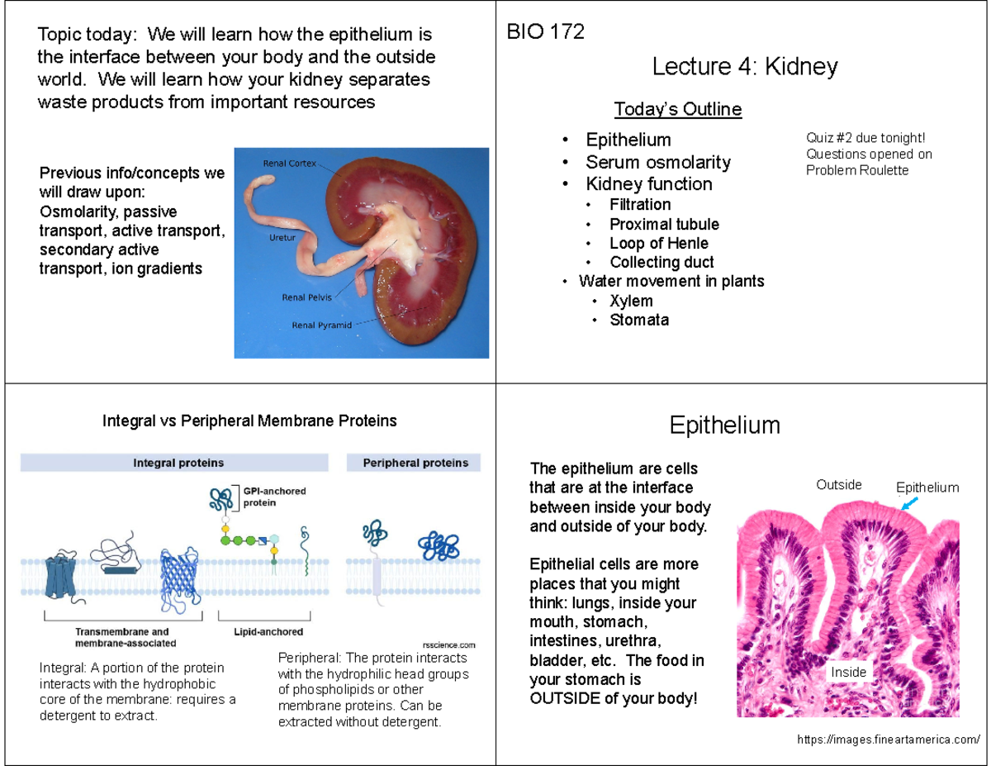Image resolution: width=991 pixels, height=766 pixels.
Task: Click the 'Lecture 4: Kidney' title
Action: [744, 67]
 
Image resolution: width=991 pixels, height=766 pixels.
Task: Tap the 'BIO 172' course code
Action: [545, 32]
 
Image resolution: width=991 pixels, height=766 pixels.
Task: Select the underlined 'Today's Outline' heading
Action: [677, 109]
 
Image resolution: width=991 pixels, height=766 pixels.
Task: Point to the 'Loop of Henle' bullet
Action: [658, 243]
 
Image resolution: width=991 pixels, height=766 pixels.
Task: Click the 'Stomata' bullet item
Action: [638, 320]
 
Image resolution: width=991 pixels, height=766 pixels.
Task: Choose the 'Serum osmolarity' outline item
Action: [657, 162]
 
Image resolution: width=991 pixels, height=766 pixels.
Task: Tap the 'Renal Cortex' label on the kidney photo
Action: [289, 163]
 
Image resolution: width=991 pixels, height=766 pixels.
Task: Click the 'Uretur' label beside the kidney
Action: [282, 237]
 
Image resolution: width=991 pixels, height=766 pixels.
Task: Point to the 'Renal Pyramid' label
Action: [321, 325]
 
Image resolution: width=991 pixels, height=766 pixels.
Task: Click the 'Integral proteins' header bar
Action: [178, 463]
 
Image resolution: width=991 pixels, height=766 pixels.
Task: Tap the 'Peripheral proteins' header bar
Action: [415, 463]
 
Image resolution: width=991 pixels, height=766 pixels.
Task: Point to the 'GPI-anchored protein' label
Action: [273, 496]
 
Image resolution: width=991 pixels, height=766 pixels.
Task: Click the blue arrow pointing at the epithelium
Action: [908, 503]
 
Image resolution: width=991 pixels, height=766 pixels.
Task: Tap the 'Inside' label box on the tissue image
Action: [848, 672]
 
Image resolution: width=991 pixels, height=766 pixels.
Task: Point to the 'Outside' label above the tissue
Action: [839, 484]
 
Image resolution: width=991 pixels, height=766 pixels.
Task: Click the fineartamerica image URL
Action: [889, 739]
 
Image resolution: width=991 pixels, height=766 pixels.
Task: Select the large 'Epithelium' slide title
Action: [724, 426]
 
